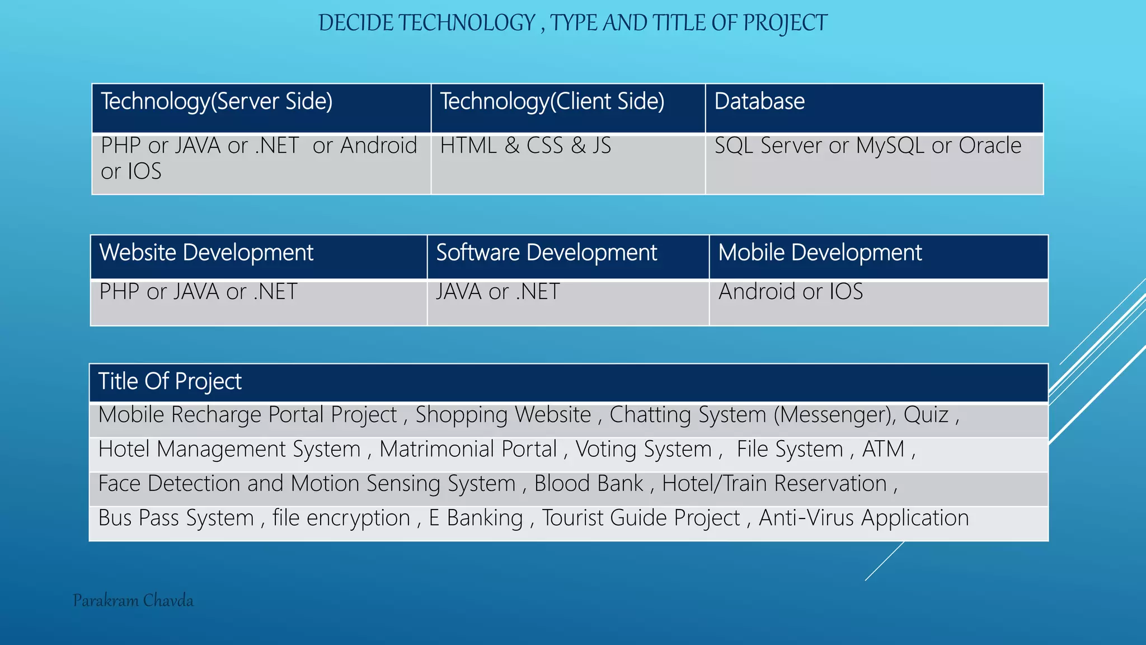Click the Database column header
759,102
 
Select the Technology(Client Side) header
552,102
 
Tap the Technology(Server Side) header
217,102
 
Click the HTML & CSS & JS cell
525,146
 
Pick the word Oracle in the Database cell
990,146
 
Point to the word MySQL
890,146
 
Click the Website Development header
206,253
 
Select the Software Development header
546,253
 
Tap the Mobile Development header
820,253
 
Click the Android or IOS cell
790,292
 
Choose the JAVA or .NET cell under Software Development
497,292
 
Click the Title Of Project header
170,382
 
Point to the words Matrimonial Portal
468,450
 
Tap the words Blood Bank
589,484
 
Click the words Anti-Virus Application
863,518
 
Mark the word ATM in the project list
883,450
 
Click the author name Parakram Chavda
133,601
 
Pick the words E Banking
476,518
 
